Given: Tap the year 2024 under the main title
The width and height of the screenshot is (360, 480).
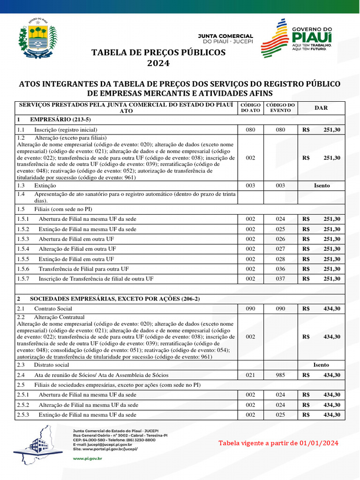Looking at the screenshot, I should coord(158,63).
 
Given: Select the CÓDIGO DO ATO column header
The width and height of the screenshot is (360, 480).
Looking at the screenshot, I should coord(250,108).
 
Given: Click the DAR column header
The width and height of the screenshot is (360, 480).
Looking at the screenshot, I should coord(321,108).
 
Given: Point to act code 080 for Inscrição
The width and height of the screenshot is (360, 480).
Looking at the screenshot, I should coord(250,130).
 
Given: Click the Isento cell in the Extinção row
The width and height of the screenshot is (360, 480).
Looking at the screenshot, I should coord(322,186).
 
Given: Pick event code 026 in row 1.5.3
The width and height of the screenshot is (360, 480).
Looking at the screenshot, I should coord(280,239).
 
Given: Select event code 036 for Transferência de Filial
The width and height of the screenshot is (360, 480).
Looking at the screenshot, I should coord(280,269).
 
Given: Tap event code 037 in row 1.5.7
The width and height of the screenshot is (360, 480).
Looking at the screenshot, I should coord(280,279).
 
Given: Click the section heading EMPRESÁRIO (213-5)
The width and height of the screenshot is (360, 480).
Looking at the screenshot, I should coord(60,120).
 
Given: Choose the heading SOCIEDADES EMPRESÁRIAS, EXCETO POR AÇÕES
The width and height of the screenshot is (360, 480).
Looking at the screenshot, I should coord(115,299).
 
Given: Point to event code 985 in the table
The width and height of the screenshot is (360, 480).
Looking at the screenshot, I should coord(280,375).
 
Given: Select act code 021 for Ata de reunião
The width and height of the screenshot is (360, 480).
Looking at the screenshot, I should coord(250,375).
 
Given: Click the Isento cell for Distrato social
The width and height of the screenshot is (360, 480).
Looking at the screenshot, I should coord(322,365).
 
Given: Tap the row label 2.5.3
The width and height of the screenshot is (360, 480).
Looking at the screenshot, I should coord(23,415).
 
